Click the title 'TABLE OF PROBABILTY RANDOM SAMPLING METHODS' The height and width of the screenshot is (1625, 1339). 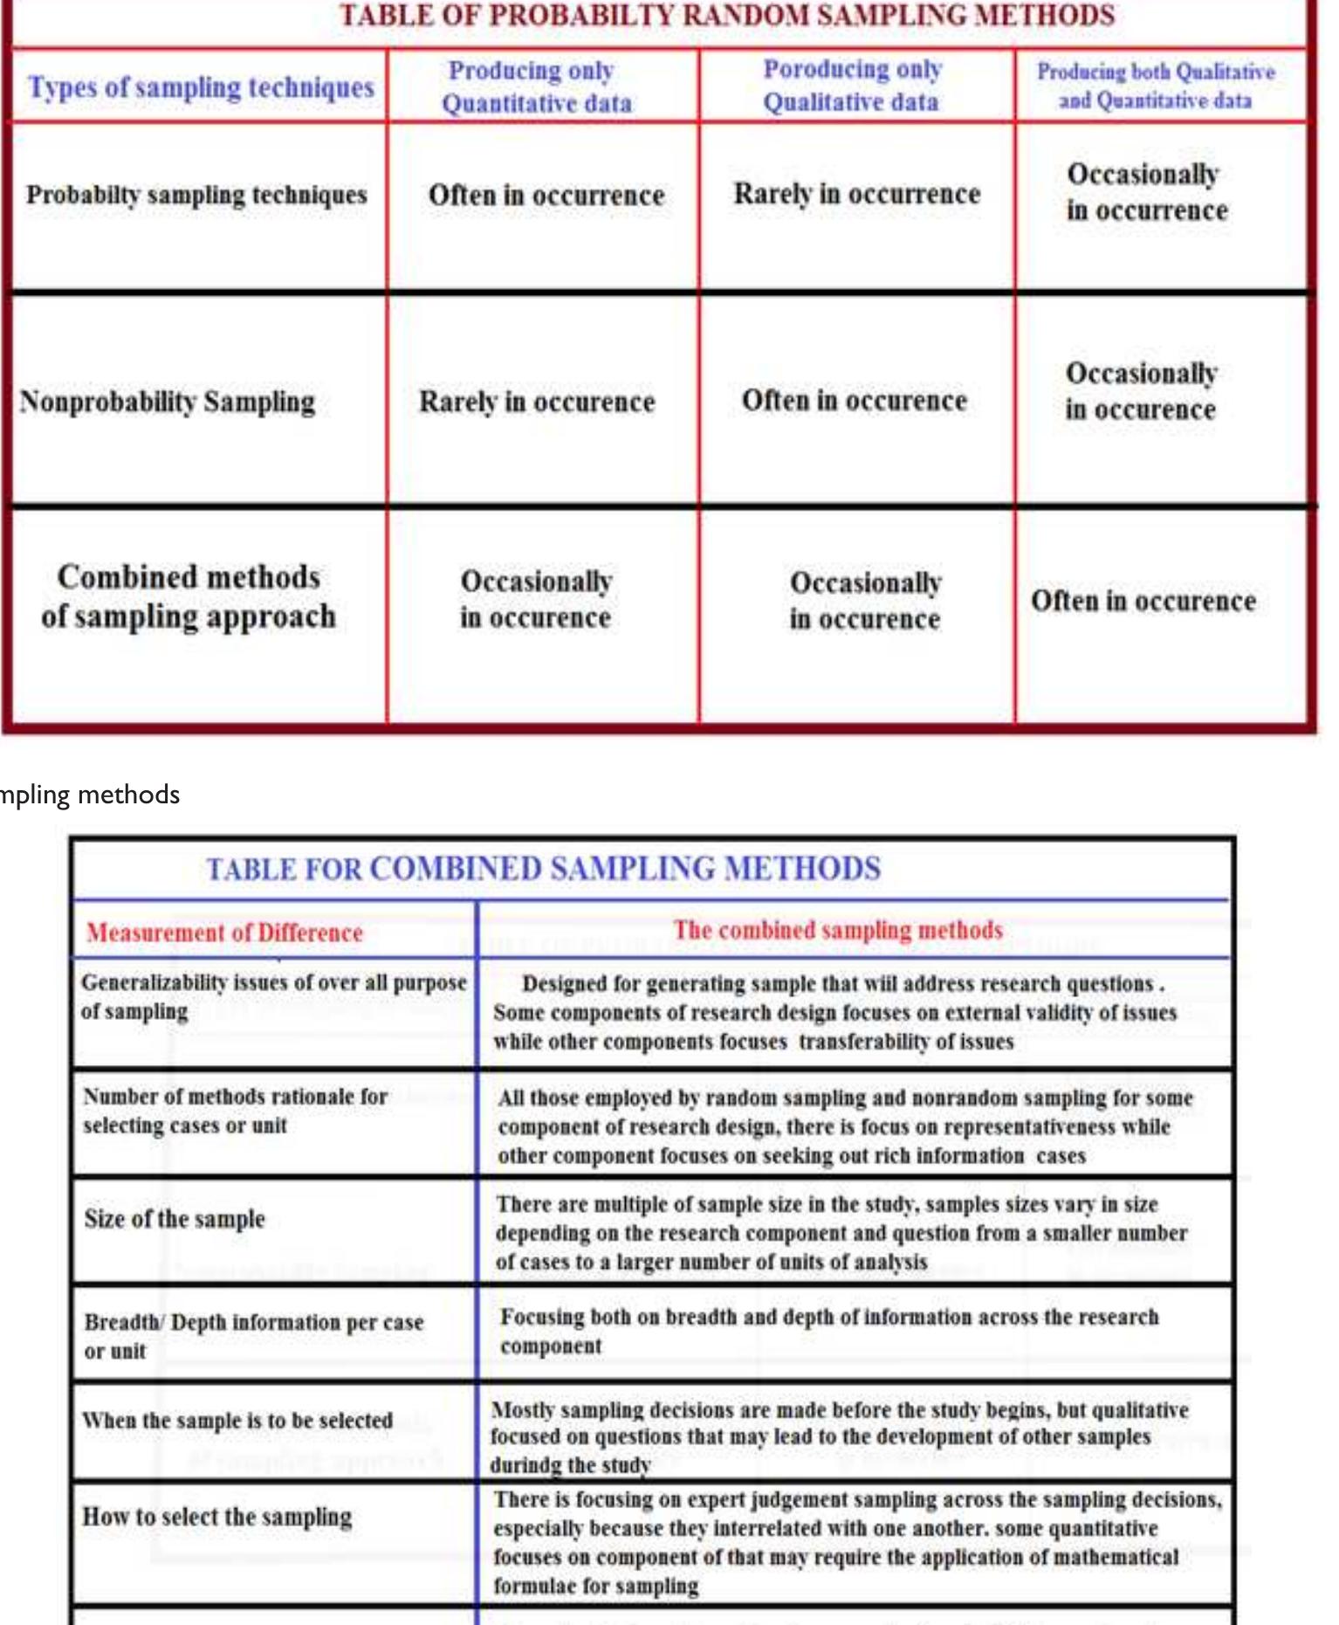tap(726, 16)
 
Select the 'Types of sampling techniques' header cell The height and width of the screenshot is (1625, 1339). tap(201, 87)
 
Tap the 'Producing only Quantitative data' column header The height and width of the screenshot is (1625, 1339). tap(536, 86)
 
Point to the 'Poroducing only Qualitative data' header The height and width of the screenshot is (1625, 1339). tap(852, 86)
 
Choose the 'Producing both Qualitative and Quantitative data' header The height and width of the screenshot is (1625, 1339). tap(1156, 86)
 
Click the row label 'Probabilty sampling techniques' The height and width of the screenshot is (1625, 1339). tap(196, 195)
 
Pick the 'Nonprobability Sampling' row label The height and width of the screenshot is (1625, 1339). tap(168, 402)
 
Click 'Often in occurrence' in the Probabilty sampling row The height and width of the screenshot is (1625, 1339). tap(546, 195)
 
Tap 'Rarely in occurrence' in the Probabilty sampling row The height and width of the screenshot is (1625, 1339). tap(857, 194)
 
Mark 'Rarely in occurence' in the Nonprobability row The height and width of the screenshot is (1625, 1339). tap(537, 402)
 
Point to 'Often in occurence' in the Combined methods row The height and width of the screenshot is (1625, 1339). tap(1143, 601)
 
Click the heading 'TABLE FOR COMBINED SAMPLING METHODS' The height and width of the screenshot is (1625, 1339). tap(543, 869)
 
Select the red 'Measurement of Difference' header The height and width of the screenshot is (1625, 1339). tap(224, 933)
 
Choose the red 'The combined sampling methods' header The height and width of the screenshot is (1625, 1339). tap(838, 930)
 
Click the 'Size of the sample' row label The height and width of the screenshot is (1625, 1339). tap(175, 1219)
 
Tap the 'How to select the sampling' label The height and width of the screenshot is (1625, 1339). tap(217, 1517)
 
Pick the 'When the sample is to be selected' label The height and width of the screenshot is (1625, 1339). tap(237, 1421)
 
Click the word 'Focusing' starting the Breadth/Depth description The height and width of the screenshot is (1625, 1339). tap(542, 1318)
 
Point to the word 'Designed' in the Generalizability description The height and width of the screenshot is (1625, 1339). tap(564, 984)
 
